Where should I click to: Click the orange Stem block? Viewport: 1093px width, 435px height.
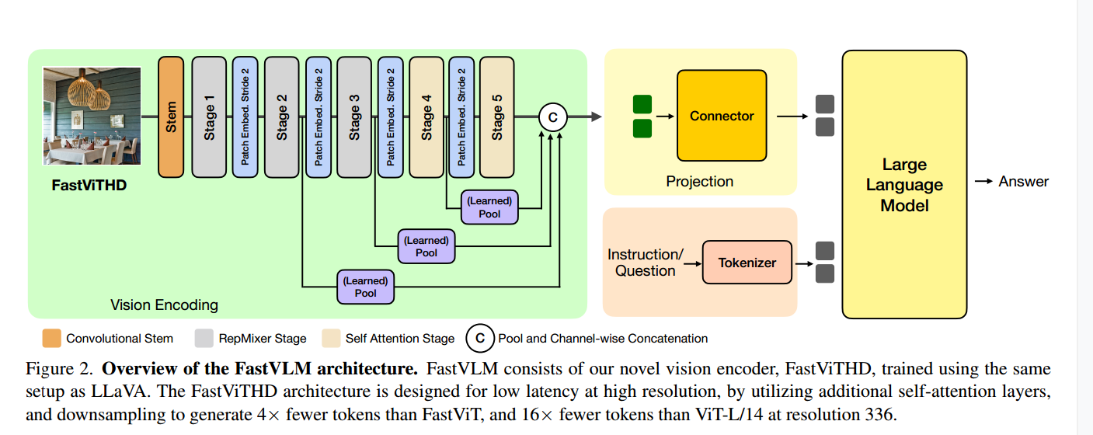[x=171, y=117]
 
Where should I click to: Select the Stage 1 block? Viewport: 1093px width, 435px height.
[x=209, y=117]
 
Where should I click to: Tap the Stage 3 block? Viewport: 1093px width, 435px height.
[x=354, y=117]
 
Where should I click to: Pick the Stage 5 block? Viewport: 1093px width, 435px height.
[x=497, y=117]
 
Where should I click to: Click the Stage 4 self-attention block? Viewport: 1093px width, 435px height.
[x=426, y=117]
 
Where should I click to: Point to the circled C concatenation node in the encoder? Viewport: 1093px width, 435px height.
[x=553, y=117]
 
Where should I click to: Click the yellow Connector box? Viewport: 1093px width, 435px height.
[x=722, y=116]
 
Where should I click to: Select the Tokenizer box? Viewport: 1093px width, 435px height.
[x=747, y=263]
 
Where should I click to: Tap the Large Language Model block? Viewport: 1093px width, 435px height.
[x=904, y=185]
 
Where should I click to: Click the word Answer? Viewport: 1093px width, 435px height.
[x=1023, y=182]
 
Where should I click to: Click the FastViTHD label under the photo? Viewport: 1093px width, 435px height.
[x=89, y=186]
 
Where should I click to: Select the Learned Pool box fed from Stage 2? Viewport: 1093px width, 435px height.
[x=365, y=287]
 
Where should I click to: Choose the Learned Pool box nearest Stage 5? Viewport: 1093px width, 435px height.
[x=489, y=207]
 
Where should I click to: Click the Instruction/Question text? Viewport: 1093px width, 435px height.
[x=645, y=263]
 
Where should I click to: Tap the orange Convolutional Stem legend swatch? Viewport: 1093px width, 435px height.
[x=51, y=338]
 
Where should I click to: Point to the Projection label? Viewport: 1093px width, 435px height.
[x=699, y=182]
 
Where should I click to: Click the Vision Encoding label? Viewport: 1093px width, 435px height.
[x=164, y=304]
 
